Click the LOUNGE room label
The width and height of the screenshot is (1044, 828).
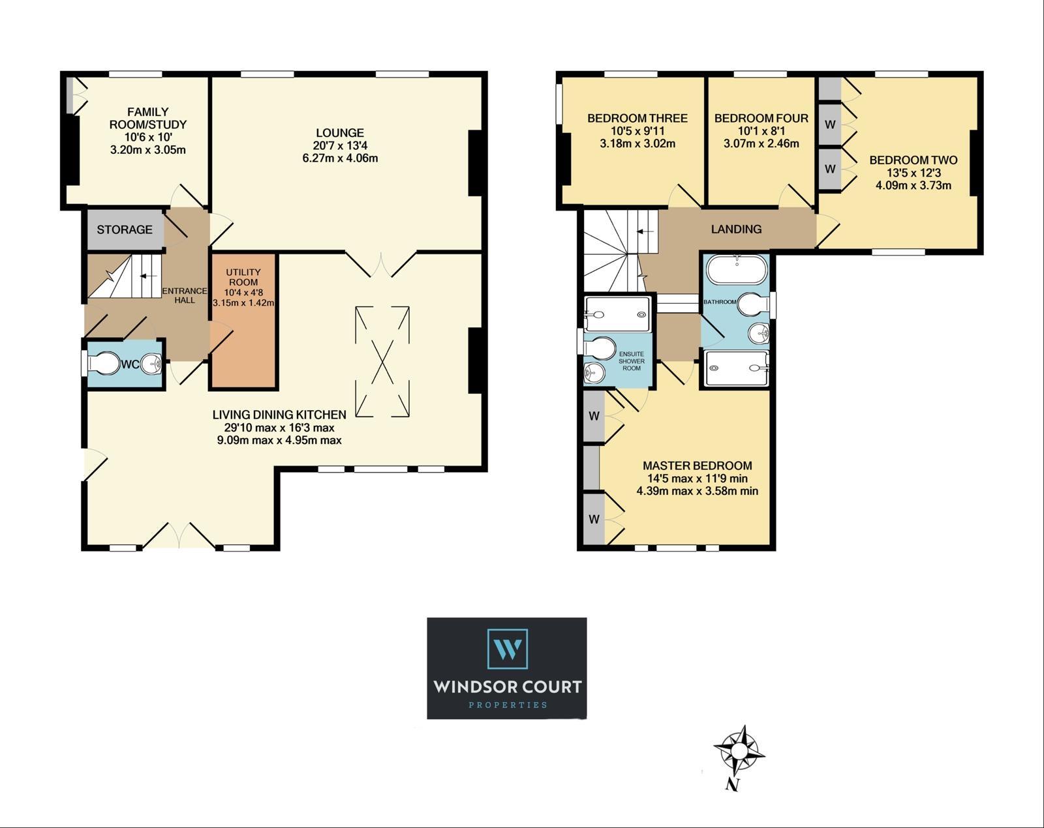[x=339, y=132]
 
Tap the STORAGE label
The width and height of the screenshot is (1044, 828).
[x=124, y=229]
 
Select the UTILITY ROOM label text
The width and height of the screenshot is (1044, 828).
[x=243, y=277]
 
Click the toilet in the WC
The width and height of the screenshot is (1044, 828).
[x=104, y=363]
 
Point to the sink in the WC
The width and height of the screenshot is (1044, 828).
[x=151, y=363]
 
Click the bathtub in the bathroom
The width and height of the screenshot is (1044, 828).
[x=737, y=269]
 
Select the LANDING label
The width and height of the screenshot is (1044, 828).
[x=736, y=229]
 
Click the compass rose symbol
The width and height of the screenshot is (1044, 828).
[x=739, y=751]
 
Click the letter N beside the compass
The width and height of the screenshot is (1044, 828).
[x=732, y=797]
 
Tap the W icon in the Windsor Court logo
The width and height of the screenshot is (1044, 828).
[x=507, y=649]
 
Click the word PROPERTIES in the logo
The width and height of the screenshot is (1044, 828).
[x=508, y=705]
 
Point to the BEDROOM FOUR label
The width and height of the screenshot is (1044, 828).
[x=761, y=118]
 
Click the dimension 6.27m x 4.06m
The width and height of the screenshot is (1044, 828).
[x=339, y=158]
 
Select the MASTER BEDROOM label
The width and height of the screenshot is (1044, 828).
[x=697, y=466]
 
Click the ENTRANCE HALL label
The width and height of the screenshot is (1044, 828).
[x=185, y=295]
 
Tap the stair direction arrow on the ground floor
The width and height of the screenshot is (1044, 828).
[x=148, y=276]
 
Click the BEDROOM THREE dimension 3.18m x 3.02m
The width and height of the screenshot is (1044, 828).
[x=637, y=143]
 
